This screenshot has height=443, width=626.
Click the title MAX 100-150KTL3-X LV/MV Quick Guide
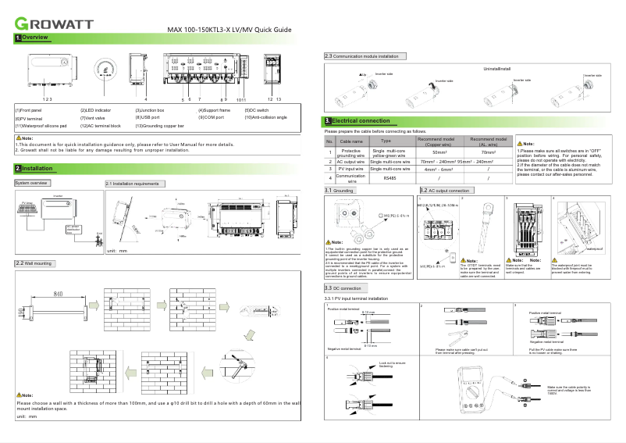[229, 30]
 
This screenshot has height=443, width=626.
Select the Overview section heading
[32, 38]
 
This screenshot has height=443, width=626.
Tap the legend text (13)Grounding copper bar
[160, 125]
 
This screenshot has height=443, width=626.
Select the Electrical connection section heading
[357, 121]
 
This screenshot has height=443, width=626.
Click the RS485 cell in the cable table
[390, 178]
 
